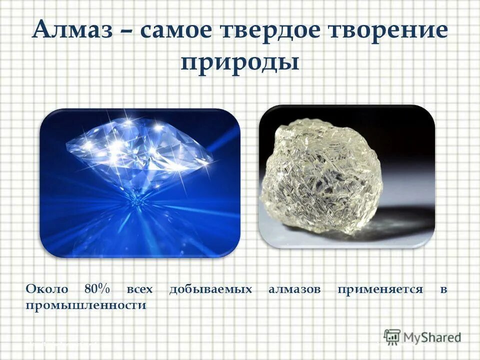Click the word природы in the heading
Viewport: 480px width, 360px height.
click(239, 63)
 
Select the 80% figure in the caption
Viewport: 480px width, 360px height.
click(97, 289)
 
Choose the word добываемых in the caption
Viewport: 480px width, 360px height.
click(210, 289)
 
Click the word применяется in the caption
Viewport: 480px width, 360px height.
click(379, 289)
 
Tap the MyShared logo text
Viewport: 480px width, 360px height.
click(432, 337)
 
